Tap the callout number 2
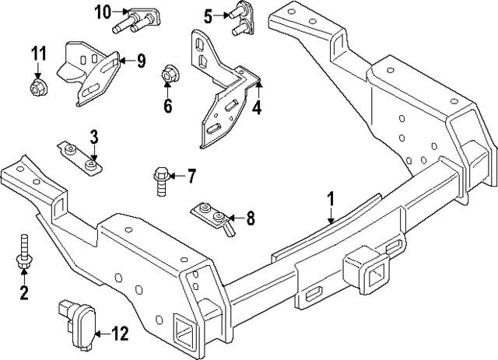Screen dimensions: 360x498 23,292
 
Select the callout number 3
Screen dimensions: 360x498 93,138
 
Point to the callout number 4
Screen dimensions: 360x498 256,107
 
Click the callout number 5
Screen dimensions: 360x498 208,15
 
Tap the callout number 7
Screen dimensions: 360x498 191,177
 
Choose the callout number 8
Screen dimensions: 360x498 250,219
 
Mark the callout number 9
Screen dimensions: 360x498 141,61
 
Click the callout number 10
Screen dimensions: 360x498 103,12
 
